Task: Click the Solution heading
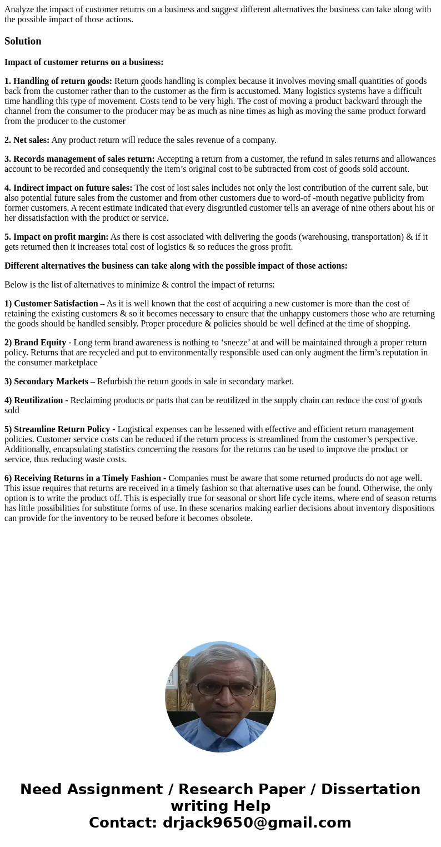point(23,41)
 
